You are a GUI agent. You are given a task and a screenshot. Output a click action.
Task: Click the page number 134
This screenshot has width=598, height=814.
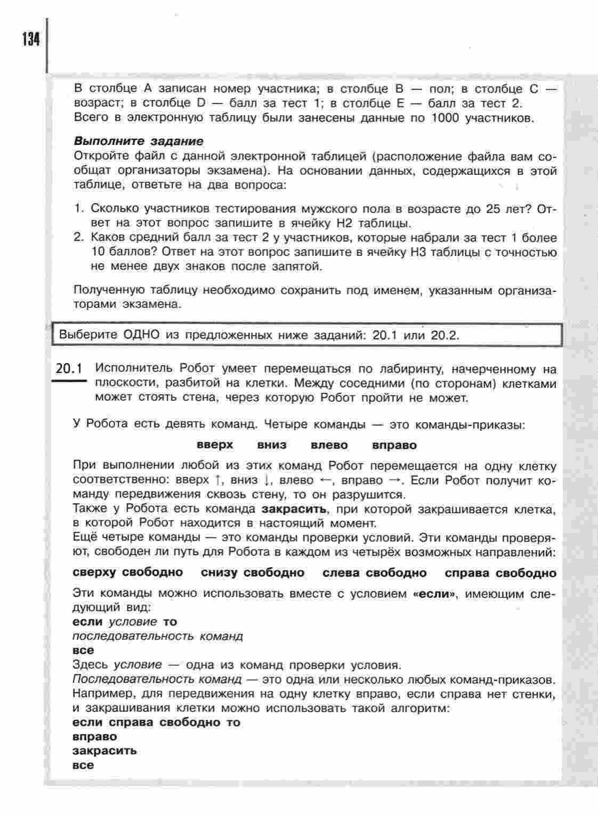pos(31,40)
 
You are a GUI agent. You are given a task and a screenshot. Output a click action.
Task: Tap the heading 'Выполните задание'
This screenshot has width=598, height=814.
pos(138,141)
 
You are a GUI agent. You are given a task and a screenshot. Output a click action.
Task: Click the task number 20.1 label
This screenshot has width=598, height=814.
pos(70,369)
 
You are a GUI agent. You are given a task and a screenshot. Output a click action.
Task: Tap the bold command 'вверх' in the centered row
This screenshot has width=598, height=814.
pos(215,445)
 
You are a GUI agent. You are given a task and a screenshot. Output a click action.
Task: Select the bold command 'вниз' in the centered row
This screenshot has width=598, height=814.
pos(272,445)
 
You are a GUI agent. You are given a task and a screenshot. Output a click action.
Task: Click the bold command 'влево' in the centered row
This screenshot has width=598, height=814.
pos(329,445)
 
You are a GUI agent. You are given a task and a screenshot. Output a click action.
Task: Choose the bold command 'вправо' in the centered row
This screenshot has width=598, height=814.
pos(394,445)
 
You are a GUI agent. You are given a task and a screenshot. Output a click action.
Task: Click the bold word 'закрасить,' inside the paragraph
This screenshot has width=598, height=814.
pos(295,509)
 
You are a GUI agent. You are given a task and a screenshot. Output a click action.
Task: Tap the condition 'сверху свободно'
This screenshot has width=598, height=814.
pos(128,573)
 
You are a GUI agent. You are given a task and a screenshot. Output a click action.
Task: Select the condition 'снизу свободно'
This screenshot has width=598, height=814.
pos(253,573)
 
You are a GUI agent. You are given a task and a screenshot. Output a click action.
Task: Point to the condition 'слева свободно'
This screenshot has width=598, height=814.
pos(375,573)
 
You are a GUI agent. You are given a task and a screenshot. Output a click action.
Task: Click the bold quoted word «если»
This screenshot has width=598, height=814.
pos(435,593)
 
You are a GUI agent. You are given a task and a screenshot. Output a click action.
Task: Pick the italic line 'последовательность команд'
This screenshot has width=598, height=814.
pos(158,636)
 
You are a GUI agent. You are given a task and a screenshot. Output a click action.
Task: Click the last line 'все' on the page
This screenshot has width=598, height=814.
pos(83,765)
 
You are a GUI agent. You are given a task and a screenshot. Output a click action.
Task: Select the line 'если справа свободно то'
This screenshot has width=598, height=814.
pos(156,722)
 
